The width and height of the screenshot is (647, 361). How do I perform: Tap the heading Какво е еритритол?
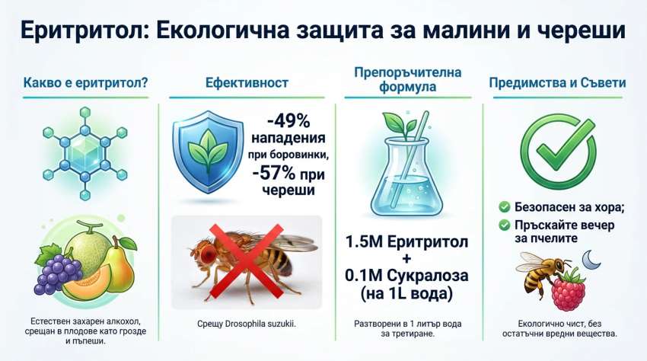coord(85,82)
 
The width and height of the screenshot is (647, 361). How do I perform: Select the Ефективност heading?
coord(247,82)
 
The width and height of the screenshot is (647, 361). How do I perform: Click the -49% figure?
coord(288,121)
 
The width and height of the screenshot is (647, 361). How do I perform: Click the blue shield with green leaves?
coord(208,152)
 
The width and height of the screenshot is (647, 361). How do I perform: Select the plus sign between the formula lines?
coord(407,259)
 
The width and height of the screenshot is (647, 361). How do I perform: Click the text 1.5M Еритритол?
coord(407,241)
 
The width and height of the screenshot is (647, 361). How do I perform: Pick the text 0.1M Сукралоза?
coord(407,276)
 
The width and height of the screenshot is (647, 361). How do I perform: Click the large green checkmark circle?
coord(558,151)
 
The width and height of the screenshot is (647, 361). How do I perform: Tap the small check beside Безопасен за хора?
coord(504,206)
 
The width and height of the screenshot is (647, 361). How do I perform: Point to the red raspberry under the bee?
coord(569,289)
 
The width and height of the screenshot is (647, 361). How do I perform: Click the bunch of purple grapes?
coord(58,272)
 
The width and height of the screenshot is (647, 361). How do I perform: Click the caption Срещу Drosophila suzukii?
coord(247,324)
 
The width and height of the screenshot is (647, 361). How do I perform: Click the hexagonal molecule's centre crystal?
coord(84,154)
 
